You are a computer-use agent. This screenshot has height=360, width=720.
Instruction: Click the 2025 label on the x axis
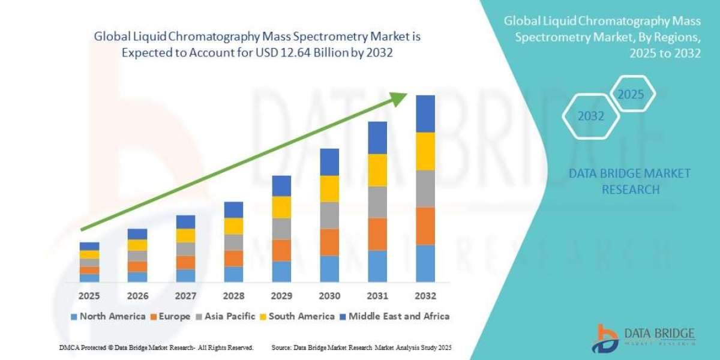point(89,296)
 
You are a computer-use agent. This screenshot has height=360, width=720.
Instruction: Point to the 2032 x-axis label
point(425,296)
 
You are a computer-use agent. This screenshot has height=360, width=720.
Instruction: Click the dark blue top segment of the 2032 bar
point(425,113)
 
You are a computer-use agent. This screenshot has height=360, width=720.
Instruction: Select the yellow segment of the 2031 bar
point(377,170)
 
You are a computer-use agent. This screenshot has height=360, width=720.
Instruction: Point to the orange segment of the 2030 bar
point(329,242)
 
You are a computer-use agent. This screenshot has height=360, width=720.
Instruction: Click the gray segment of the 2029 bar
point(281,229)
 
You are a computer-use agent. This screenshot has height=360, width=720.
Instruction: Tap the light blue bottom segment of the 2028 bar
point(233,274)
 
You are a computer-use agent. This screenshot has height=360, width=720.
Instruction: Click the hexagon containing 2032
point(590,116)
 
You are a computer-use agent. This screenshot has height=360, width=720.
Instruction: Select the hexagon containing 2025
point(631,95)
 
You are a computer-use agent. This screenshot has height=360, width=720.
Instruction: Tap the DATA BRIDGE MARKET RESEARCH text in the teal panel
point(629,181)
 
